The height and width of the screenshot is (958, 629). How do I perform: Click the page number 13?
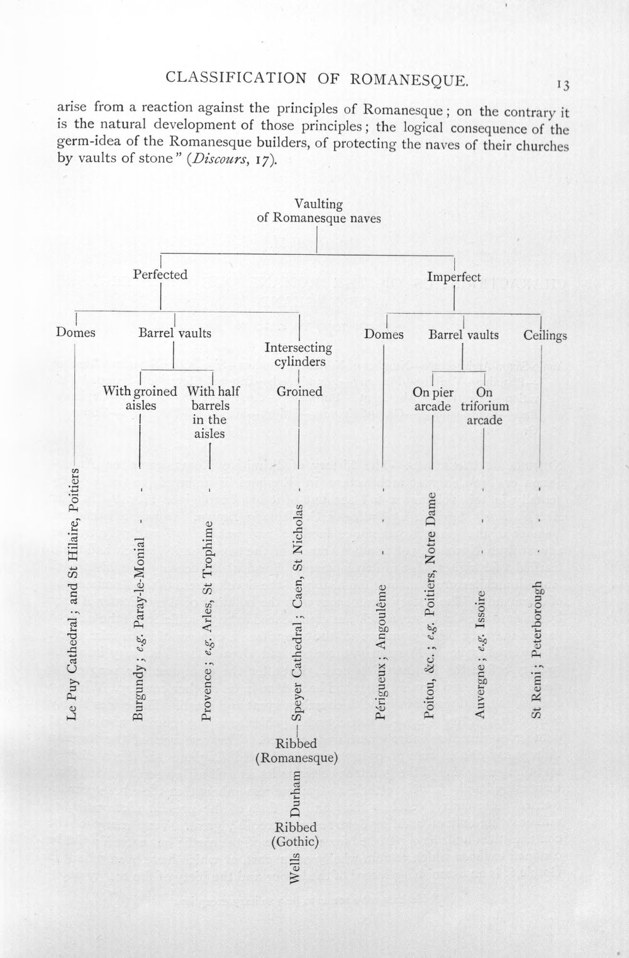[563, 86]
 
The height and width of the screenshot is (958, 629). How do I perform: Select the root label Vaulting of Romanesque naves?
[319, 211]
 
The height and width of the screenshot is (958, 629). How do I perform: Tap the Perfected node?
[160, 274]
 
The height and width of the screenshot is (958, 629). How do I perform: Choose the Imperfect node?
[454, 277]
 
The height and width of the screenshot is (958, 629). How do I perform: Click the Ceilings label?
[545, 335]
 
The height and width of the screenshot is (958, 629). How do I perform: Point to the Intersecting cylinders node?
[298, 354]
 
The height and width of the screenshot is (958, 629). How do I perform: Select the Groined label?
[299, 392]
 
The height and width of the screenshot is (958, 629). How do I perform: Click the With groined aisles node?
[140, 398]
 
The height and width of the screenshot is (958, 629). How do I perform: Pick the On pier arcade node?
[433, 399]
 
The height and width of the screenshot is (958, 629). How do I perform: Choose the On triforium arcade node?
[484, 406]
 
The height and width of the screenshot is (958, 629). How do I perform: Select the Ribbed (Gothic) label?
[296, 834]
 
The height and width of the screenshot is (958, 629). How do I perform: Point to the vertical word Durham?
[295, 793]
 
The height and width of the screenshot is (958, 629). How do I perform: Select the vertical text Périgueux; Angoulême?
[381, 652]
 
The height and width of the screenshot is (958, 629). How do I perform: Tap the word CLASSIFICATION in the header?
[236, 77]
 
